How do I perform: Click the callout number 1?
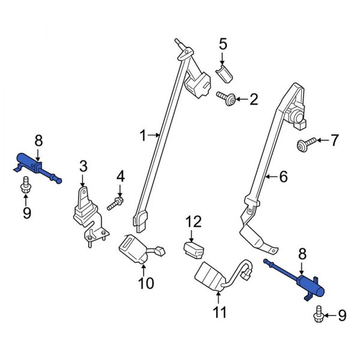[x=143, y=137]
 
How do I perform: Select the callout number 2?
[x=253, y=98]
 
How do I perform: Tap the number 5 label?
[x=223, y=44]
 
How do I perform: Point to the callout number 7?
[x=334, y=140]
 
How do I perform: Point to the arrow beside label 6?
[x=271, y=176]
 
